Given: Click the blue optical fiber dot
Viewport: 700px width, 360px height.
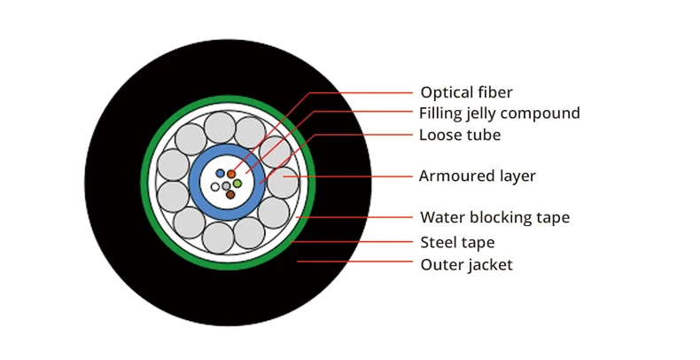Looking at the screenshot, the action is coord(220,173).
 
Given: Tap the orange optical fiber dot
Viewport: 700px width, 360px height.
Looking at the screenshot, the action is coord(231,174).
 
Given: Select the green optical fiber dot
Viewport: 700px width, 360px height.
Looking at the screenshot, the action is coord(237,184).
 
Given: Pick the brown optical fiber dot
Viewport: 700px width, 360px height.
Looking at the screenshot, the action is coord(230,194).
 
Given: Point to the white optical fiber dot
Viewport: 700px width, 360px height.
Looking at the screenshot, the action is coord(215,187).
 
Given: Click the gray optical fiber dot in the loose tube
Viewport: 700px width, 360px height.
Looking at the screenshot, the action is coord(226,186).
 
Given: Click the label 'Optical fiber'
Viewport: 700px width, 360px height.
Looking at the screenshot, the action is coord(466,92).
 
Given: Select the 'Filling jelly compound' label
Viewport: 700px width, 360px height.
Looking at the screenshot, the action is coord(500,113).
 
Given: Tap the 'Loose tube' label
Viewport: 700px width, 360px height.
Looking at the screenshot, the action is coord(460,135).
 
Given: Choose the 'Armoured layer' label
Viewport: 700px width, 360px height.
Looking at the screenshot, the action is coord(478,176).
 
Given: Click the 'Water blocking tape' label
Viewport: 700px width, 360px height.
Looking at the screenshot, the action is coord(495,217).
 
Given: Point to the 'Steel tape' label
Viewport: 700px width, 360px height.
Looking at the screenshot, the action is coord(457,243).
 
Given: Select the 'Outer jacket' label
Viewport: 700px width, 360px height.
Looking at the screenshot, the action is coord(466,265).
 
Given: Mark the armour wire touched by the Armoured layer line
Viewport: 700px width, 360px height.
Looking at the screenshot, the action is coord(284,183).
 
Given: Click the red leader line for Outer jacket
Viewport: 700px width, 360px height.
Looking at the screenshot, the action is coord(355,262).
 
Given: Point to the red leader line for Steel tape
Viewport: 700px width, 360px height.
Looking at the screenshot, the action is coord(352,242).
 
